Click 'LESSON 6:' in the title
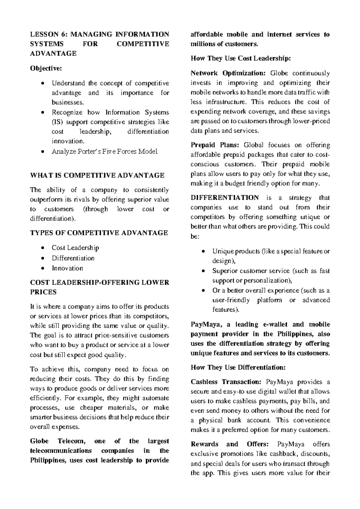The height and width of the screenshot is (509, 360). click(x=49, y=34)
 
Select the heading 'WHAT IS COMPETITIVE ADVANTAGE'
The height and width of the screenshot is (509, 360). click(x=97, y=175)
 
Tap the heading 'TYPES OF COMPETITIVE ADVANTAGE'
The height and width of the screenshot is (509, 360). click(x=99, y=233)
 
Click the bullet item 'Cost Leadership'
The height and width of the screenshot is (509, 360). click(x=75, y=248)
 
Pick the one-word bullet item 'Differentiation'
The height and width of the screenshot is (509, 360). click(x=73, y=258)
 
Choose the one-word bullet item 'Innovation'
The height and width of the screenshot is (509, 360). click(x=67, y=268)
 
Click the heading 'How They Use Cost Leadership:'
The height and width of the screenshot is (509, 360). click(x=241, y=59)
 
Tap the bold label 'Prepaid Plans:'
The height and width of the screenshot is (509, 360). click(x=215, y=145)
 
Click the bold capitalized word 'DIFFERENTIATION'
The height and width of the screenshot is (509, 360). click(x=225, y=198)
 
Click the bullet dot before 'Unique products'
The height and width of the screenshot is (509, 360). click(x=204, y=251)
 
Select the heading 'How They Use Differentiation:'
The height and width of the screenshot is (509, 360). click(x=238, y=368)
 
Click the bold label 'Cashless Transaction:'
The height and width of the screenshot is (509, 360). click(x=226, y=382)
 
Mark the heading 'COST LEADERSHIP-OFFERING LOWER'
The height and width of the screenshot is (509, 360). click(x=100, y=283)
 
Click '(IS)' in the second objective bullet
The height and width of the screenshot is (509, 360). click(x=57, y=122)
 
